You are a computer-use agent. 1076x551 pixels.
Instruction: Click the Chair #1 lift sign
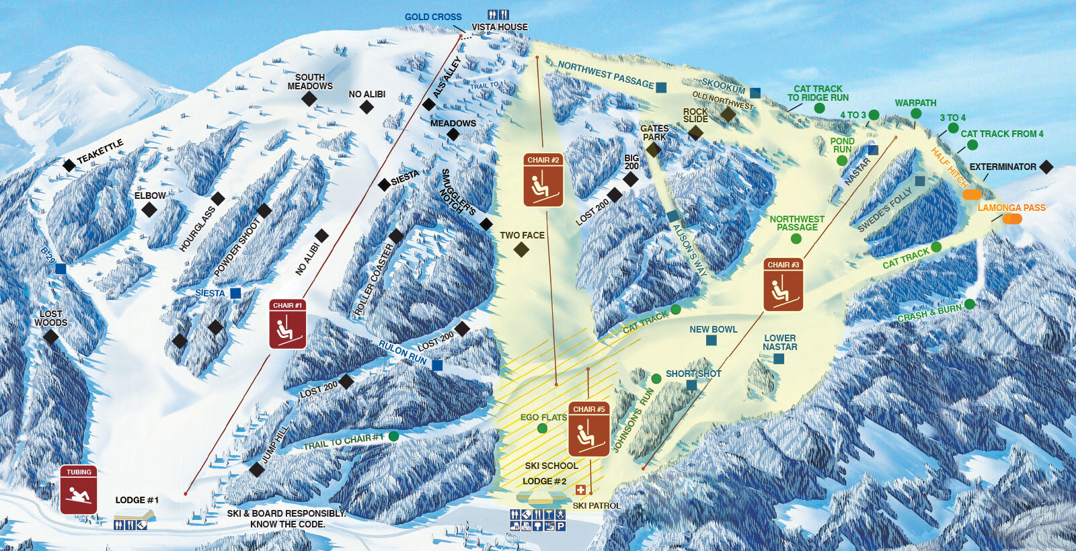pos(288,325)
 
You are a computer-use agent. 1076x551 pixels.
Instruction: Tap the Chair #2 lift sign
pos(543,179)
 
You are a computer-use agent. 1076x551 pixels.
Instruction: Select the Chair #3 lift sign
pos(783,285)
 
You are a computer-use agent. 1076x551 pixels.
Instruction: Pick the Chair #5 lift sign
pos(589,429)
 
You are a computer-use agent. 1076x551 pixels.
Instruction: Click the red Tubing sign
pos(79,490)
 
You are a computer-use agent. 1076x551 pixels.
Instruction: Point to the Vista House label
pos(500,27)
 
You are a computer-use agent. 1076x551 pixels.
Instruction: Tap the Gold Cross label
pos(433,17)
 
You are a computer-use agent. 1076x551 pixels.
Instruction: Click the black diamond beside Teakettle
pos(69,165)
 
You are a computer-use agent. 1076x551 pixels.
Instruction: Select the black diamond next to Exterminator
pos(1046,167)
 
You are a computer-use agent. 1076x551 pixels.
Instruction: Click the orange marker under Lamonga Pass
pos(1012,219)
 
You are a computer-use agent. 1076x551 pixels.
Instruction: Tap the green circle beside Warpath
pos(916,114)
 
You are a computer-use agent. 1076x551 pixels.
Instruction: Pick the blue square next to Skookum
pos(755,93)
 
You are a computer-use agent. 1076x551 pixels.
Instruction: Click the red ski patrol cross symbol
pos(581,491)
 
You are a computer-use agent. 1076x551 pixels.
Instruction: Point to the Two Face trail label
pos(522,235)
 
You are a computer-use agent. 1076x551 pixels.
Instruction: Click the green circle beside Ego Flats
pos(543,429)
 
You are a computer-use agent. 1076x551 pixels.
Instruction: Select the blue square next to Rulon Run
pos(437,366)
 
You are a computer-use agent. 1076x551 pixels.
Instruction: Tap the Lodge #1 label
pos(137,500)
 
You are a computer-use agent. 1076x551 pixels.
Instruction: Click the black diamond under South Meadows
pos(309,99)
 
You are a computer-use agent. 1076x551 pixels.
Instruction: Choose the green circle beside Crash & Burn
pos(969,304)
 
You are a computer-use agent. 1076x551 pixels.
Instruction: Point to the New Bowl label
pos(713,329)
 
